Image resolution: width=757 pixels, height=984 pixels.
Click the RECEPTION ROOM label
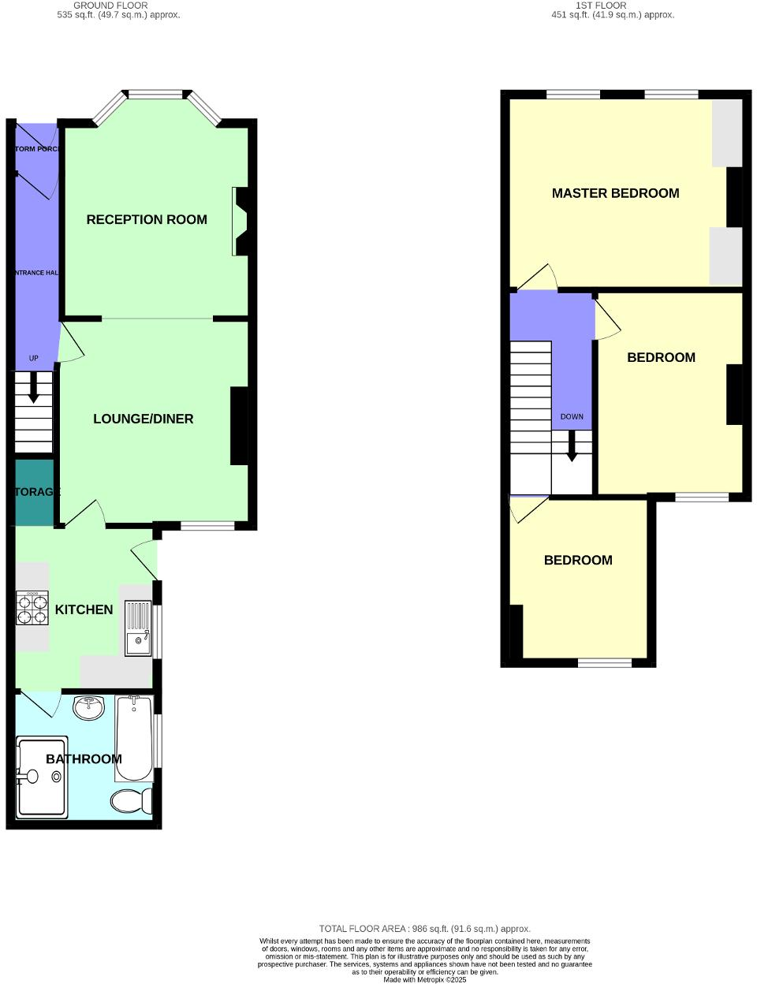click(x=147, y=220)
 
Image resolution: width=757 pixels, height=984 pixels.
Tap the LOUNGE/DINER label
click(x=144, y=419)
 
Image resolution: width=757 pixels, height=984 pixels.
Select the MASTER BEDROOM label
click(x=615, y=193)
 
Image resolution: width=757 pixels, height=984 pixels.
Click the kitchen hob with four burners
click(x=32, y=608)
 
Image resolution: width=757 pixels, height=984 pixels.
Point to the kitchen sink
click(x=138, y=628)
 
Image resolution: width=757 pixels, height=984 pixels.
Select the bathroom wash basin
click(x=88, y=707)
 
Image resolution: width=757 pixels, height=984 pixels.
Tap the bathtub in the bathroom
click(x=134, y=737)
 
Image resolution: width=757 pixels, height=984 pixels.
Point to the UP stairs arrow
click(x=33, y=387)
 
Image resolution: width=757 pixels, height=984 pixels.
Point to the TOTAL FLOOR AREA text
click(x=424, y=929)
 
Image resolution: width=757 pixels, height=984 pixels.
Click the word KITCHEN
click(x=84, y=609)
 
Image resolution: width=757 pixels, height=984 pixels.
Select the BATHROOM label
click(x=84, y=759)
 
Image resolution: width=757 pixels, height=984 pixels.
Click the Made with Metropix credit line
click(x=424, y=980)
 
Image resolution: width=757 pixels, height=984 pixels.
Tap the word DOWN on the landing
click(x=572, y=416)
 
